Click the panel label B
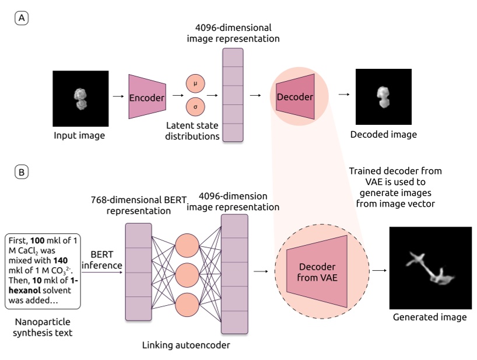[x=21, y=173]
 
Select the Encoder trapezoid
[x=148, y=97]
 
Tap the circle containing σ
[x=195, y=108]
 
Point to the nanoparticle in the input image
[x=80, y=98]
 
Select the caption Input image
[x=80, y=136]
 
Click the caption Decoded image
[x=383, y=135]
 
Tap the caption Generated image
[x=430, y=317]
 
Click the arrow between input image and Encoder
[x=118, y=97]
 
